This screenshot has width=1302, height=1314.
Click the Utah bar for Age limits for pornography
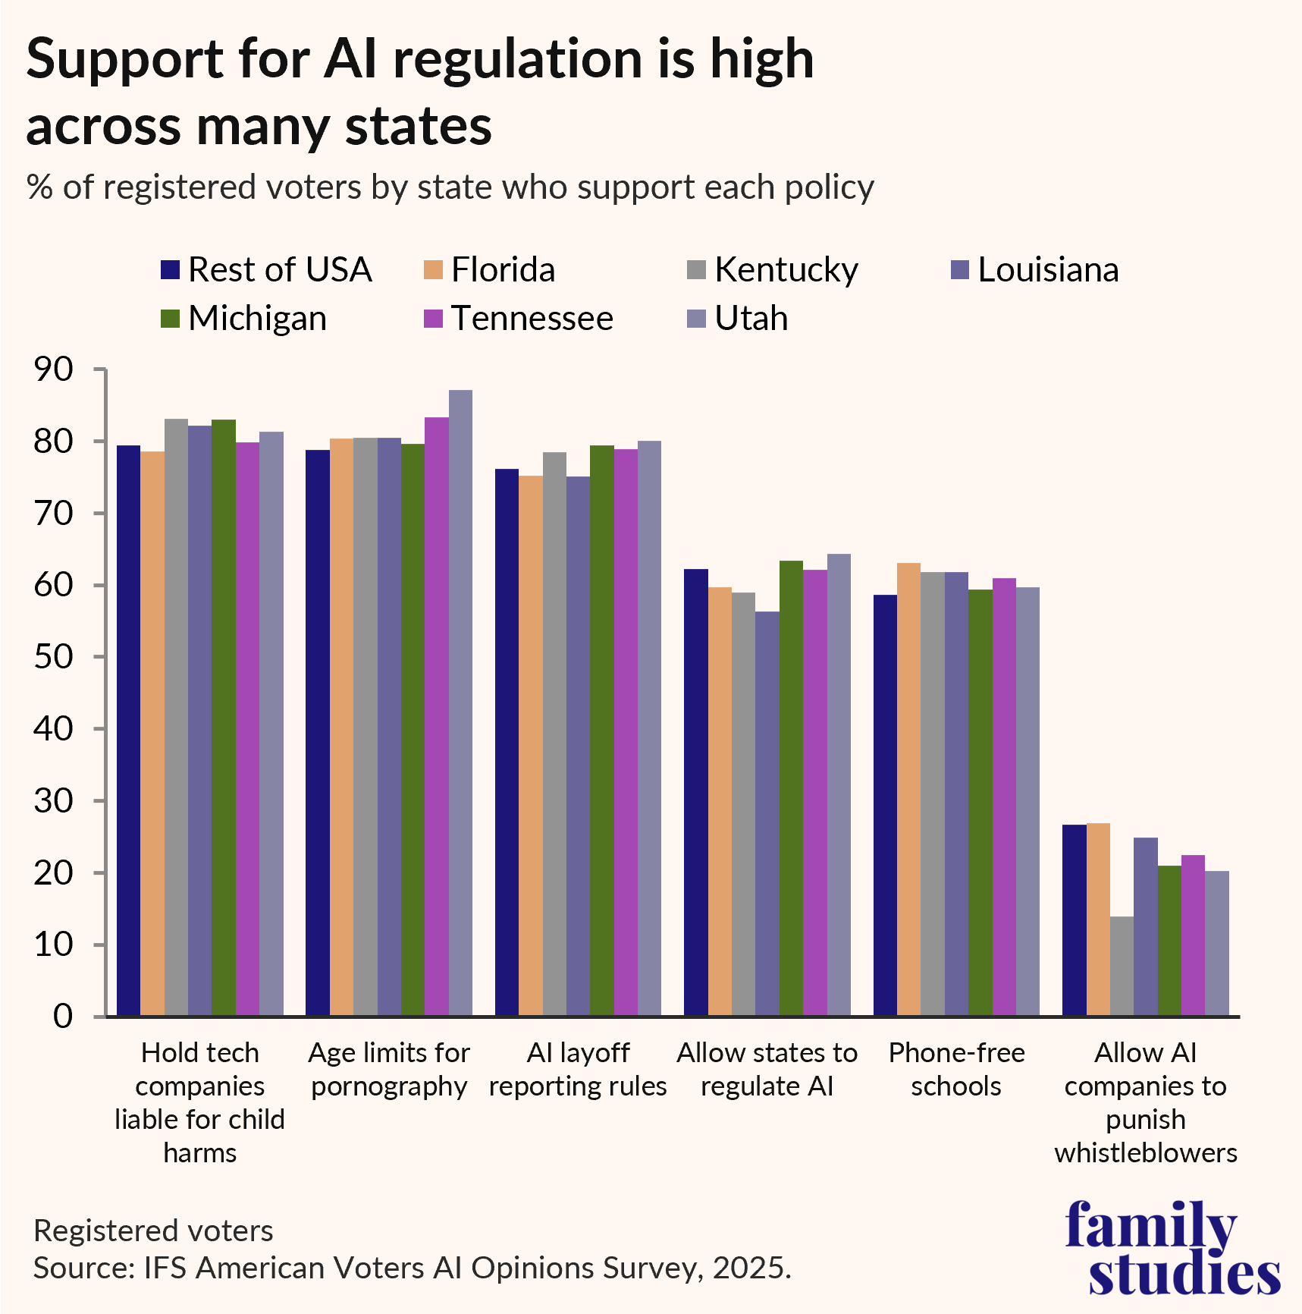point(460,703)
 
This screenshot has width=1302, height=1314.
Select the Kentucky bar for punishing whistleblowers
point(1122,966)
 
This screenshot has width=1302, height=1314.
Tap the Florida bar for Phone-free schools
point(908,789)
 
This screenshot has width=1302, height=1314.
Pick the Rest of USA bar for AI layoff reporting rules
point(507,742)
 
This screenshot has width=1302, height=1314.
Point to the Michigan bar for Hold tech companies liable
point(224,717)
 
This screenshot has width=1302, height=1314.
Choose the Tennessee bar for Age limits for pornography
point(436,716)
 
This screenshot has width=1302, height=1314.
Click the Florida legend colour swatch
point(433,270)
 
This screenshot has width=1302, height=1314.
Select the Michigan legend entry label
point(257,319)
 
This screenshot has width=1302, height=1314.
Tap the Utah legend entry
point(751,319)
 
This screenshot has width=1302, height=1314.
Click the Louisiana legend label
point(1048,270)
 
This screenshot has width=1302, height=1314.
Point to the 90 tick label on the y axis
point(53,369)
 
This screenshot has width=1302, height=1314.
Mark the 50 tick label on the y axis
point(53,657)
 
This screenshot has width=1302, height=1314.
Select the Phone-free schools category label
point(956,1070)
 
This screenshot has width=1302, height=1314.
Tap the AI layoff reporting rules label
point(578,1070)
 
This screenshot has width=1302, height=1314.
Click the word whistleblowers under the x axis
point(1145,1153)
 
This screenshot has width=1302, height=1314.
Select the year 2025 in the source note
point(748,1268)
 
